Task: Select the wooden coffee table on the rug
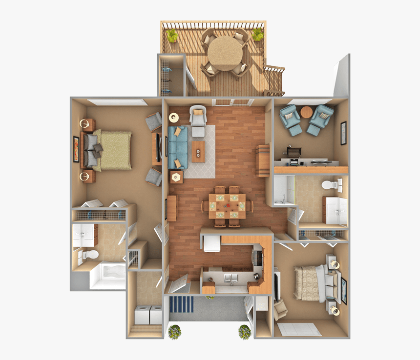(x=198, y=151)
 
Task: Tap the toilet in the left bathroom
(x=85, y=255)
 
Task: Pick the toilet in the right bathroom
(x=334, y=186)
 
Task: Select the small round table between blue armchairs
(x=306, y=112)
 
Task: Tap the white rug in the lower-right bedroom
(x=298, y=329)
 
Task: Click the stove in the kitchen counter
(x=257, y=256)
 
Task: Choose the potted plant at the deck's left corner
(x=172, y=35)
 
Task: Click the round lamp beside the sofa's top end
(x=173, y=117)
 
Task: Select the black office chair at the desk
(x=294, y=153)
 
